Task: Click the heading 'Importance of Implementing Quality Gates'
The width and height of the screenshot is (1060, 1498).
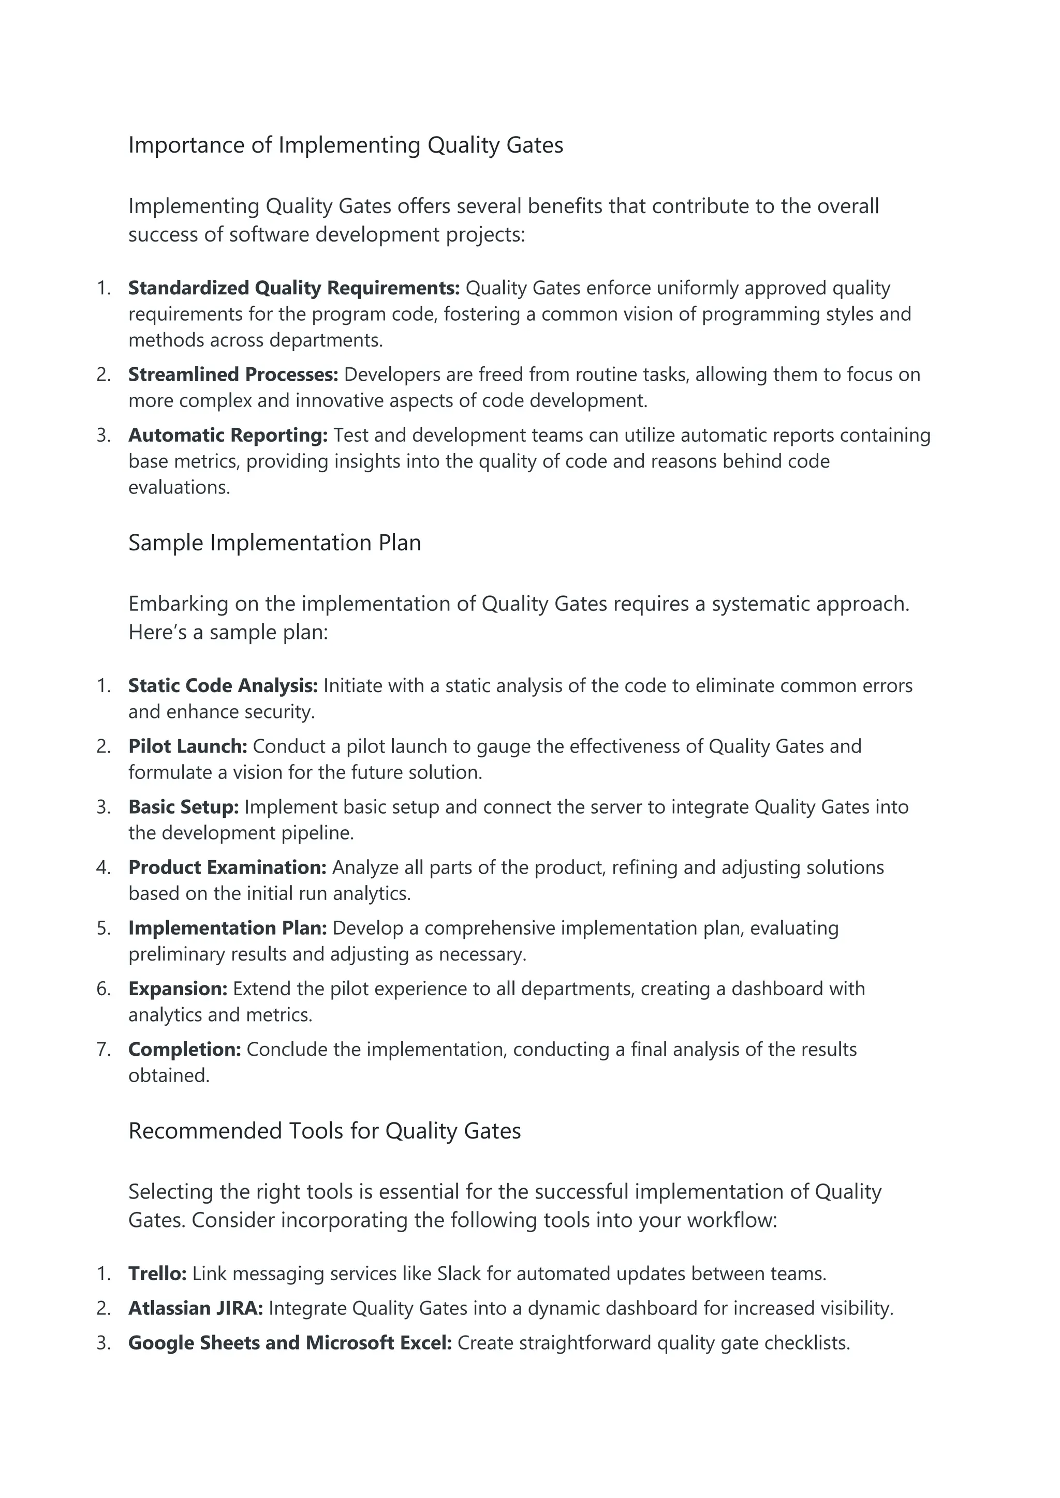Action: pos(345,145)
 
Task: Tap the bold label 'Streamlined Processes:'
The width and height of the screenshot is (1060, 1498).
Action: pos(233,374)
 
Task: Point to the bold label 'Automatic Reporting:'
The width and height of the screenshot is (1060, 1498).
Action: pos(228,435)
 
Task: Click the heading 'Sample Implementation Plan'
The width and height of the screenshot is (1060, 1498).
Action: pos(274,543)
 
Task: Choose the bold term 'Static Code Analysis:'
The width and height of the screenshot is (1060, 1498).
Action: pos(223,686)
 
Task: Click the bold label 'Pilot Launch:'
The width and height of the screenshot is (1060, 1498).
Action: pos(187,746)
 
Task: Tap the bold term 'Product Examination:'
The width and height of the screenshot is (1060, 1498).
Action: pos(227,868)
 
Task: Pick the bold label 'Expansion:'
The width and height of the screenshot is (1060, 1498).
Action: pos(178,989)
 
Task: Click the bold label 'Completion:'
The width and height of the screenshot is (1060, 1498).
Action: pos(185,1050)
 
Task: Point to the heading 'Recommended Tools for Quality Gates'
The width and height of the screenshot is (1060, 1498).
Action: pos(325,1131)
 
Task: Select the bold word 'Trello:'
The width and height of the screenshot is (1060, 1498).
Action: pos(157,1274)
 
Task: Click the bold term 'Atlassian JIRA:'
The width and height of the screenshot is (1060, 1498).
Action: pos(195,1308)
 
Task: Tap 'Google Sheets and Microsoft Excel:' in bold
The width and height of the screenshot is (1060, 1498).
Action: pos(290,1343)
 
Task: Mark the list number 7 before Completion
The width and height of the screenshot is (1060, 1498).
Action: pos(102,1050)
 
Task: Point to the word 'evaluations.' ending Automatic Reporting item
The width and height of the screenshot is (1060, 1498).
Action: pos(179,487)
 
